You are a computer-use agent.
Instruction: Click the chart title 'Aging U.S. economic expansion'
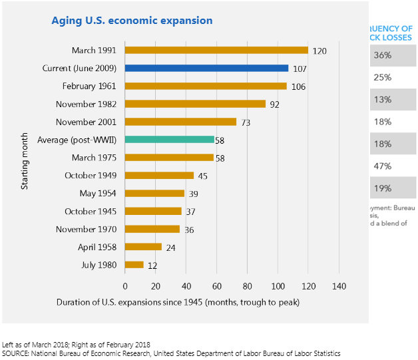(x=132, y=21)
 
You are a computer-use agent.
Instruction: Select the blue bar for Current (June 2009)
(x=206, y=68)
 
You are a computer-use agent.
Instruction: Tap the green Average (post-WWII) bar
(x=169, y=140)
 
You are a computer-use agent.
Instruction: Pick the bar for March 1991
(x=216, y=50)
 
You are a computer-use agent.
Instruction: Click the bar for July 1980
(x=134, y=265)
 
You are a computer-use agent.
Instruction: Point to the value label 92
(x=276, y=104)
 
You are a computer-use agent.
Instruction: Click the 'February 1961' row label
(x=89, y=86)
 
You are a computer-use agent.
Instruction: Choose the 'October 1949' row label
(x=91, y=176)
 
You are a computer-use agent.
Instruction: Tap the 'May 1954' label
(x=99, y=194)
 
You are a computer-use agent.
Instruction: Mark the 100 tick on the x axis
(x=278, y=285)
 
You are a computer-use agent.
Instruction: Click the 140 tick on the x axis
(x=339, y=285)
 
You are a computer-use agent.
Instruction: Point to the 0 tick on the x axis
(x=125, y=285)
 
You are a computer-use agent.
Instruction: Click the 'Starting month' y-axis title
(x=25, y=158)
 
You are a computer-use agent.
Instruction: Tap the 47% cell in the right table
(x=383, y=166)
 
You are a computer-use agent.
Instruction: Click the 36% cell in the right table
(x=383, y=55)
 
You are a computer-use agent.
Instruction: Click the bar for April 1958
(x=143, y=247)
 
